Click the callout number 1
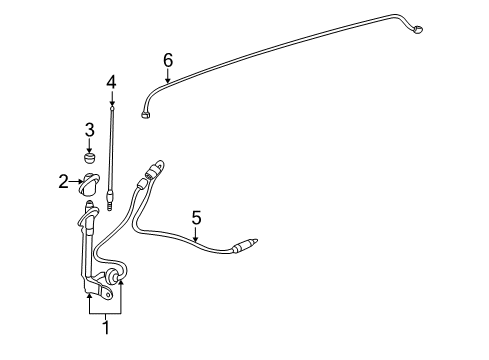105,324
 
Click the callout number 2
63,181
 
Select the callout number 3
89,129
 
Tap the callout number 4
112,81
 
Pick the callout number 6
168,60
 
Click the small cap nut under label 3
89,159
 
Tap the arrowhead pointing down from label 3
89,147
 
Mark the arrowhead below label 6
168,78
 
